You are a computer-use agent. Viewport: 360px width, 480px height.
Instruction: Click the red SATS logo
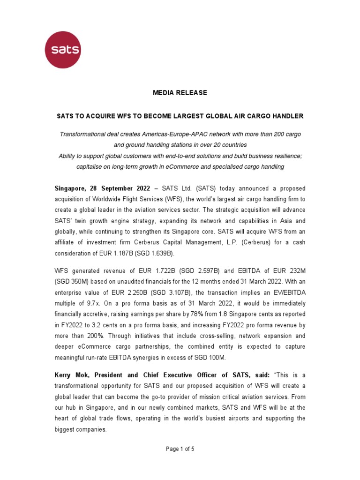[62, 50]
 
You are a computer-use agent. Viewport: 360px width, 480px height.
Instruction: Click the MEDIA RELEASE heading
[180, 93]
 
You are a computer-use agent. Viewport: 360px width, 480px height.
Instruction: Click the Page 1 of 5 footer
[180, 449]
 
